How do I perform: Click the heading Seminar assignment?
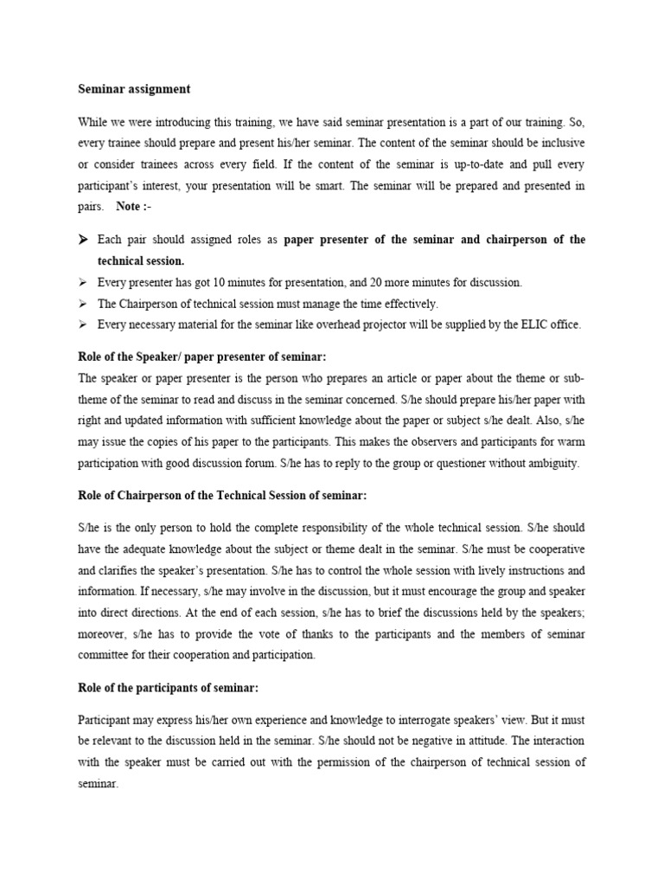tap(134, 89)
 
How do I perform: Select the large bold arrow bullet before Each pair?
tap(85, 239)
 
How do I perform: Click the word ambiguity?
tap(550, 463)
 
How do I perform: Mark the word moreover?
tap(104, 633)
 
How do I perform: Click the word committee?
tap(105, 655)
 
